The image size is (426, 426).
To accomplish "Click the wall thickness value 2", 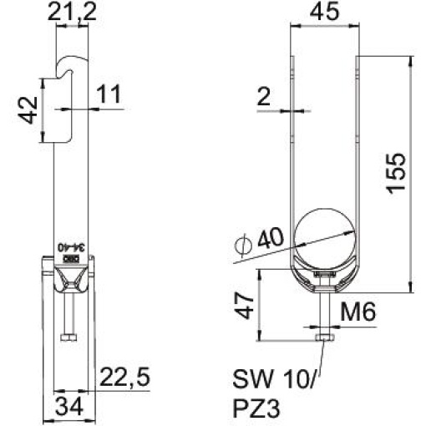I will click(x=264, y=97).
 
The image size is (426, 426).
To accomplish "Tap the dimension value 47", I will click(x=243, y=308).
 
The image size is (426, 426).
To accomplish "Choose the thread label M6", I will click(x=362, y=312).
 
